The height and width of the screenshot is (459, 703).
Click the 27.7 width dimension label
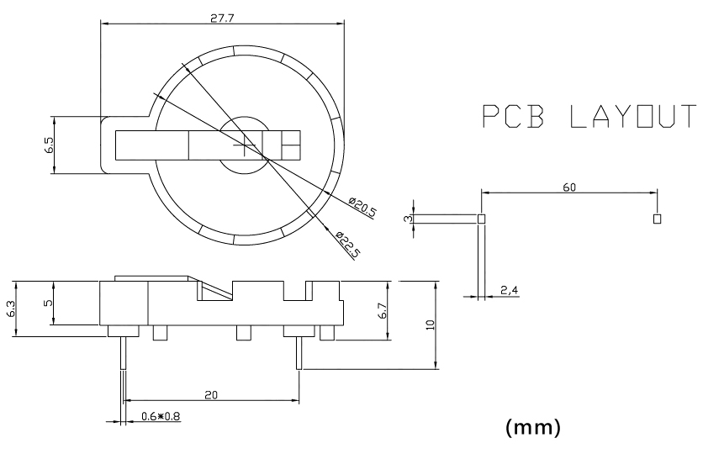(222, 18)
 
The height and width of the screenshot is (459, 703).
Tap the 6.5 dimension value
(49, 145)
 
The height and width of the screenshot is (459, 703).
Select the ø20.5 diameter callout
(362, 206)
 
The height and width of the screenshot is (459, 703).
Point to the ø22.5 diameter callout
(348, 245)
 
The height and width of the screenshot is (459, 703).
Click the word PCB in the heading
(513, 116)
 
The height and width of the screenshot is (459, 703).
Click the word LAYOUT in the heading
(633, 116)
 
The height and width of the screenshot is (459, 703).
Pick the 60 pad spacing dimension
(569, 187)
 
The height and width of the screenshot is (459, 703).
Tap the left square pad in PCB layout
(482, 219)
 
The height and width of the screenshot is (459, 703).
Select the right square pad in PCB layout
(658, 219)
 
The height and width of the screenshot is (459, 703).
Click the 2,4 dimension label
(510, 290)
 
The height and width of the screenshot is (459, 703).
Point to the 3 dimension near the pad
(408, 219)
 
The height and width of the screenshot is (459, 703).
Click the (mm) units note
(533, 427)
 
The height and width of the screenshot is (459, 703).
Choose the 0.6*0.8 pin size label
(161, 416)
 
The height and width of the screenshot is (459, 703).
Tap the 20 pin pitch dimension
(211, 395)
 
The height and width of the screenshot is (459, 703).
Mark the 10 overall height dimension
(431, 325)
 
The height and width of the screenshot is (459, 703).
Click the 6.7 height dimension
(383, 310)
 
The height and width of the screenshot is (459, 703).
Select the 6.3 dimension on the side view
(11, 309)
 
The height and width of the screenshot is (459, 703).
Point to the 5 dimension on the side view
(48, 303)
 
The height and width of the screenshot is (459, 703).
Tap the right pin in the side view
(299, 353)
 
